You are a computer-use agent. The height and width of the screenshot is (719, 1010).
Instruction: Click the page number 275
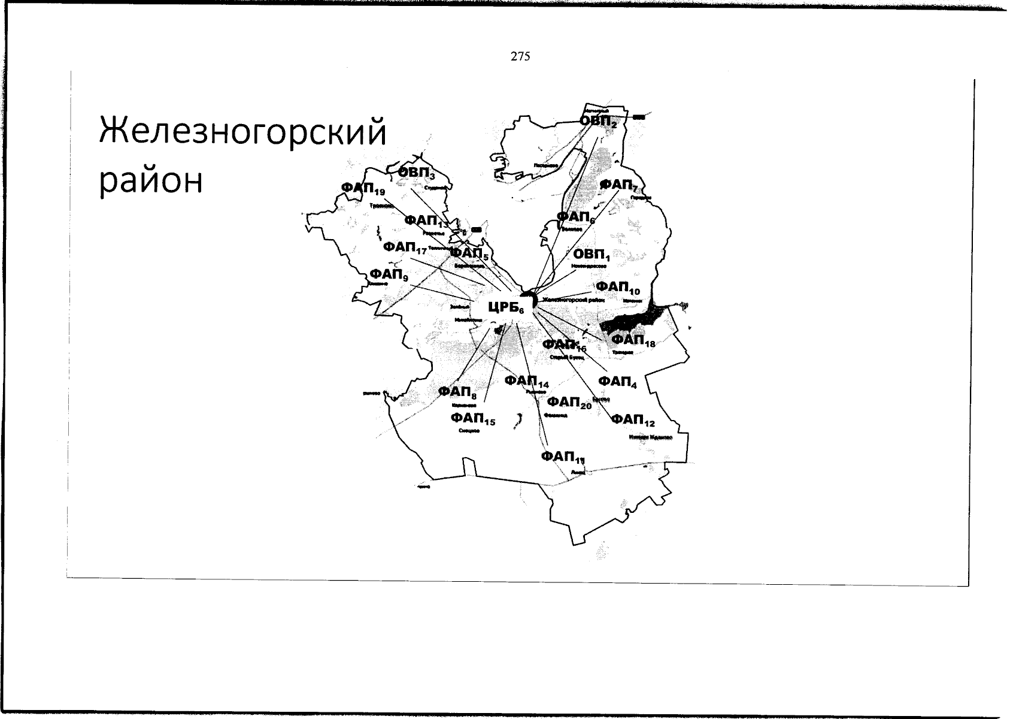[x=520, y=57]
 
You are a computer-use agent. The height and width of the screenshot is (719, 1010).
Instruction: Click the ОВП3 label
[x=417, y=173]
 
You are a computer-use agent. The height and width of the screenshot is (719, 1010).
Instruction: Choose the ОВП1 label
[x=591, y=255]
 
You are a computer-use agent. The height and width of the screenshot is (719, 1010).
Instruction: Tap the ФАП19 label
[x=363, y=188]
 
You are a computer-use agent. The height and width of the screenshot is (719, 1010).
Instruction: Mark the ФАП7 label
[x=621, y=185]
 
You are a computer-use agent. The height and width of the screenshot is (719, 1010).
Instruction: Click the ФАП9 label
[x=389, y=275]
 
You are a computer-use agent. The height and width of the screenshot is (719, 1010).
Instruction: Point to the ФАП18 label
[x=633, y=342]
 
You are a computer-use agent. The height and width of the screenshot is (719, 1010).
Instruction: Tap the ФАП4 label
[x=617, y=382]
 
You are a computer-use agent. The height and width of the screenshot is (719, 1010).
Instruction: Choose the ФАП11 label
[x=562, y=458]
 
